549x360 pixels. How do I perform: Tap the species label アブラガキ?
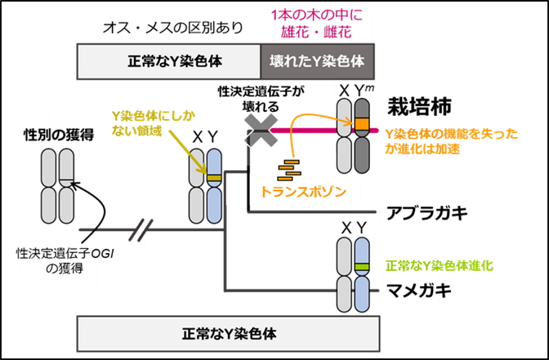(425, 213)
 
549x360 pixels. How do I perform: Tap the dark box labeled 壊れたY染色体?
(317, 60)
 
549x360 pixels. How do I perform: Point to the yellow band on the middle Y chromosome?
(214, 179)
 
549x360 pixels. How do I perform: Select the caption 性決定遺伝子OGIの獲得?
(49, 260)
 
